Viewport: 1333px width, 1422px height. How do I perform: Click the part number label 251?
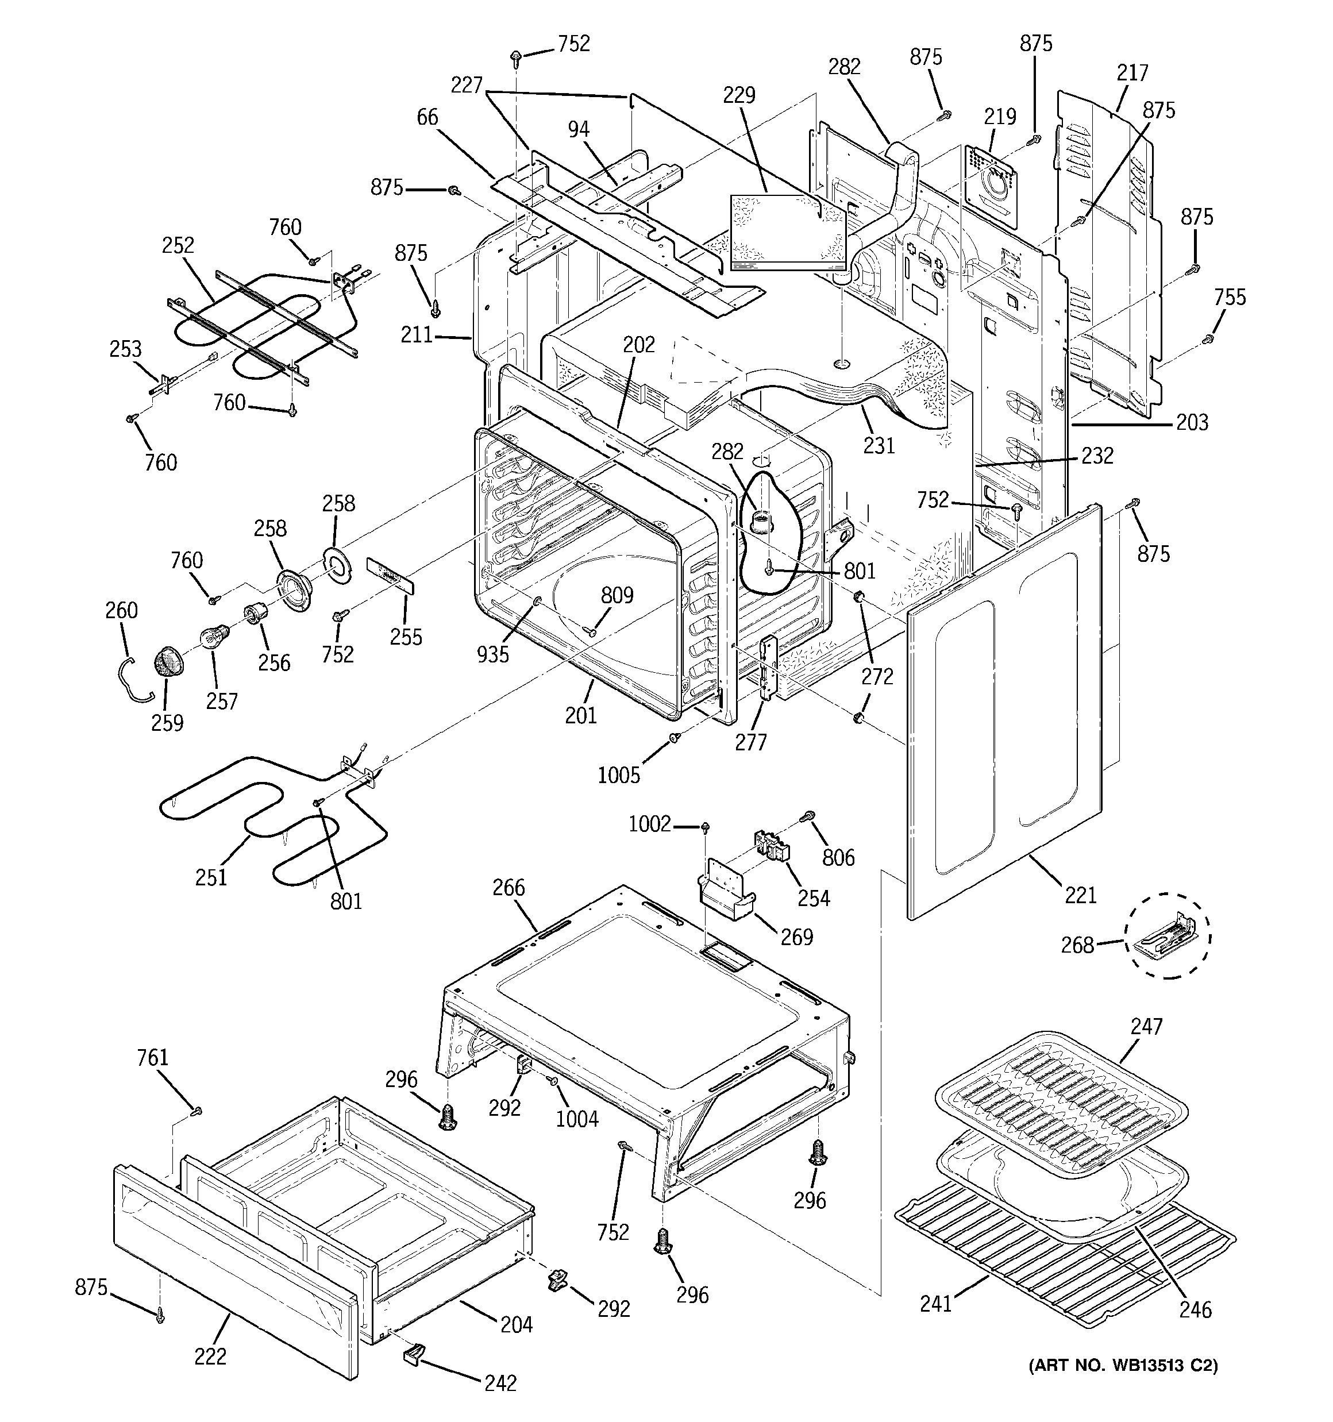coord(211,877)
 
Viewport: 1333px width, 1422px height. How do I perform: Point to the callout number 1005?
coord(619,774)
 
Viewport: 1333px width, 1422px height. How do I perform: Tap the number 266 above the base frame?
coord(508,888)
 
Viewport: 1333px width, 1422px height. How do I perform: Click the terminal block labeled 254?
coord(772,846)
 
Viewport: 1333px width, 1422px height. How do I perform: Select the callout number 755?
coord(1230,297)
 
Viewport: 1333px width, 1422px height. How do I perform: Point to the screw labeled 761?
coord(198,1110)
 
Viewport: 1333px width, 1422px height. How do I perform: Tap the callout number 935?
coord(493,653)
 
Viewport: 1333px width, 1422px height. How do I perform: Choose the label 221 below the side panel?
coord(1080,895)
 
